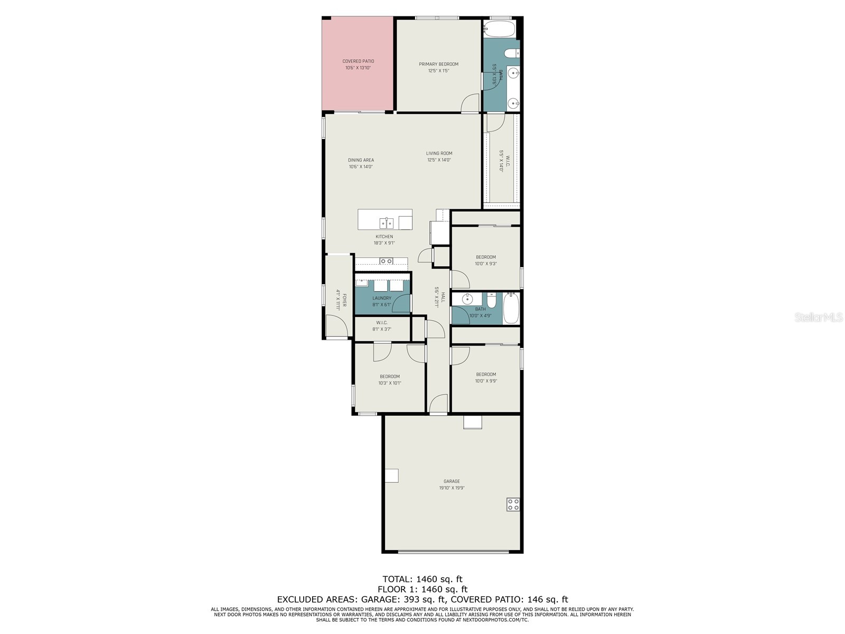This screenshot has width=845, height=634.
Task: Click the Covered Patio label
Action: [358, 64]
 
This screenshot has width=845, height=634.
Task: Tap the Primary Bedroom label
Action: [438, 67]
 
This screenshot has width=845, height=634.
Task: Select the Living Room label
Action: [439, 156]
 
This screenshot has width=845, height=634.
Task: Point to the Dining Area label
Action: [361, 163]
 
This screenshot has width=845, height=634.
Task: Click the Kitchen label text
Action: [384, 239]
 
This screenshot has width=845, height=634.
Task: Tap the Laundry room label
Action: [381, 301]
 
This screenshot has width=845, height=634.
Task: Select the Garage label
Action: [452, 484]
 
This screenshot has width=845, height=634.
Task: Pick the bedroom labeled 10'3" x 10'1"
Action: [390, 379]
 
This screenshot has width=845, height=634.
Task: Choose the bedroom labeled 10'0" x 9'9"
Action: [486, 377]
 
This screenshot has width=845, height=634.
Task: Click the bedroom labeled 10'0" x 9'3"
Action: [486, 260]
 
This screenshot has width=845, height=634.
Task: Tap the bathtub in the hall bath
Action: [511, 308]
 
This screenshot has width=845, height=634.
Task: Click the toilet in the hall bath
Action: [492, 301]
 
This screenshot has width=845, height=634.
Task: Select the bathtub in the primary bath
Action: [499, 28]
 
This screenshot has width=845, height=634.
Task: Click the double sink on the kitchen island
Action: [386, 222]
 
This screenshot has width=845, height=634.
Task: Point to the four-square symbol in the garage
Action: [513, 504]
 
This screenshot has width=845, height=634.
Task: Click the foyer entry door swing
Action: [336, 326]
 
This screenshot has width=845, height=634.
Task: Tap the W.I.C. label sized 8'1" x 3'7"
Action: [381, 325]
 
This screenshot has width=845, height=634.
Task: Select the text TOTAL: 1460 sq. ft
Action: [422, 579]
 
